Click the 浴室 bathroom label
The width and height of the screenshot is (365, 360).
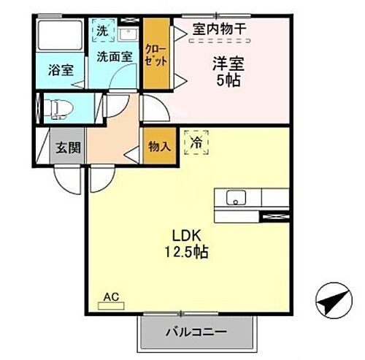pyautogui.click(x=61, y=71)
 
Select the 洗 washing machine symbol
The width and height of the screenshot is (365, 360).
pyautogui.click(x=101, y=33)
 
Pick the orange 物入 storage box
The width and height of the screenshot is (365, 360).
pyautogui.click(x=159, y=145)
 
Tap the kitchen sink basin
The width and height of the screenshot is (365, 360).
pyautogui.click(x=236, y=198)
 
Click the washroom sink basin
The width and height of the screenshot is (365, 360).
pyautogui.click(x=128, y=34)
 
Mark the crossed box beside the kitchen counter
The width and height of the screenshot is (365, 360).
pyautogui.click(x=274, y=215)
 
